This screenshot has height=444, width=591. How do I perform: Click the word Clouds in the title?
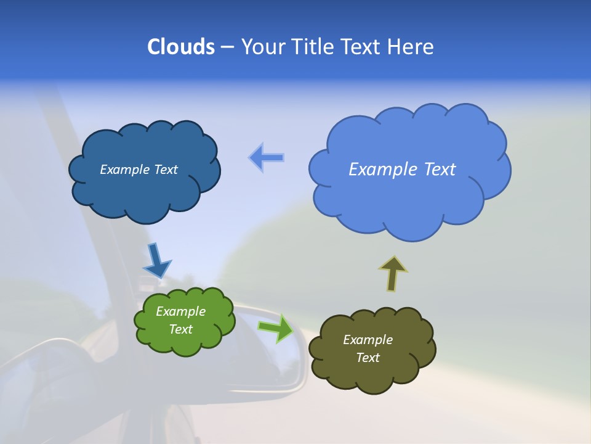pos(180,47)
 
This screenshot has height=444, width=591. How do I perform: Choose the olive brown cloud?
pos(369,376)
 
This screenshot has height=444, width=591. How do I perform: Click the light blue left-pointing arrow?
pos(266,158)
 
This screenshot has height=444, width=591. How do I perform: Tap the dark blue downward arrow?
pos(156,260)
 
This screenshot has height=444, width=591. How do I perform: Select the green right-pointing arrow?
pos(276,327)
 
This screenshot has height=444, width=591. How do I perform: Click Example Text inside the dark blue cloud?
pos(139,170)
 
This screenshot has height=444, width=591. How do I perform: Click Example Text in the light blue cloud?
pos(402,169)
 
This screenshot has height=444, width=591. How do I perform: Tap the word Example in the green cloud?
pos(180,311)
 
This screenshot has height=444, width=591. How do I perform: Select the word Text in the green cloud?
pos(180,329)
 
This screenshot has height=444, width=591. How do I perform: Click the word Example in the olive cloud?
pos(368,340)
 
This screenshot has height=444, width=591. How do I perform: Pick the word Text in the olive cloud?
pos(368,358)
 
